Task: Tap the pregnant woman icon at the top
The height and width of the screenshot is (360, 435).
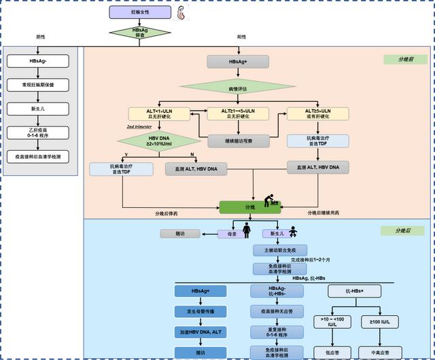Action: click(181, 14)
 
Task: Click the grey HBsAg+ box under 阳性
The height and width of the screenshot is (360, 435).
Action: click(238, 62)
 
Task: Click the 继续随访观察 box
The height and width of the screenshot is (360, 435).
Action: click(230, 141)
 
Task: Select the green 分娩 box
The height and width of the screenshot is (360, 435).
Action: click(249, 206)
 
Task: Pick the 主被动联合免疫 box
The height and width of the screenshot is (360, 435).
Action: click(280, 250)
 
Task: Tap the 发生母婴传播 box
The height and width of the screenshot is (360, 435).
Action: click(201, 311)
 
